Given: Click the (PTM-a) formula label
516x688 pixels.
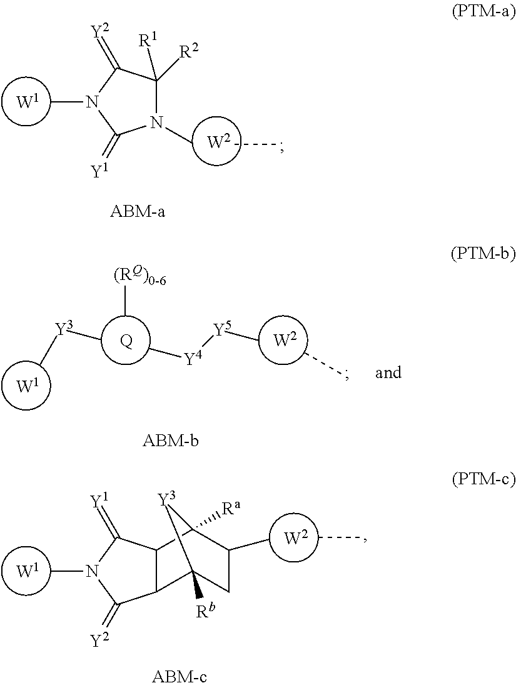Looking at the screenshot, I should (483, 12).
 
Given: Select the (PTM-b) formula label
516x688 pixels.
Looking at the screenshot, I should (483, 254).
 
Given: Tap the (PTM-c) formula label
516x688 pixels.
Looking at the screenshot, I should (483, 479).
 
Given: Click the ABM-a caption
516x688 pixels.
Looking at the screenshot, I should (138, 211).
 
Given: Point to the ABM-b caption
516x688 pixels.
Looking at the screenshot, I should (171, 441).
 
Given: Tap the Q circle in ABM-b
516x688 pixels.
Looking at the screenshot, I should (126, 342).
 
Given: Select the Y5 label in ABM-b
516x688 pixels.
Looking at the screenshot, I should (223, 329).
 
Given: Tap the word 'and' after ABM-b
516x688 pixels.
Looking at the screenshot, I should (388, 373).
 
